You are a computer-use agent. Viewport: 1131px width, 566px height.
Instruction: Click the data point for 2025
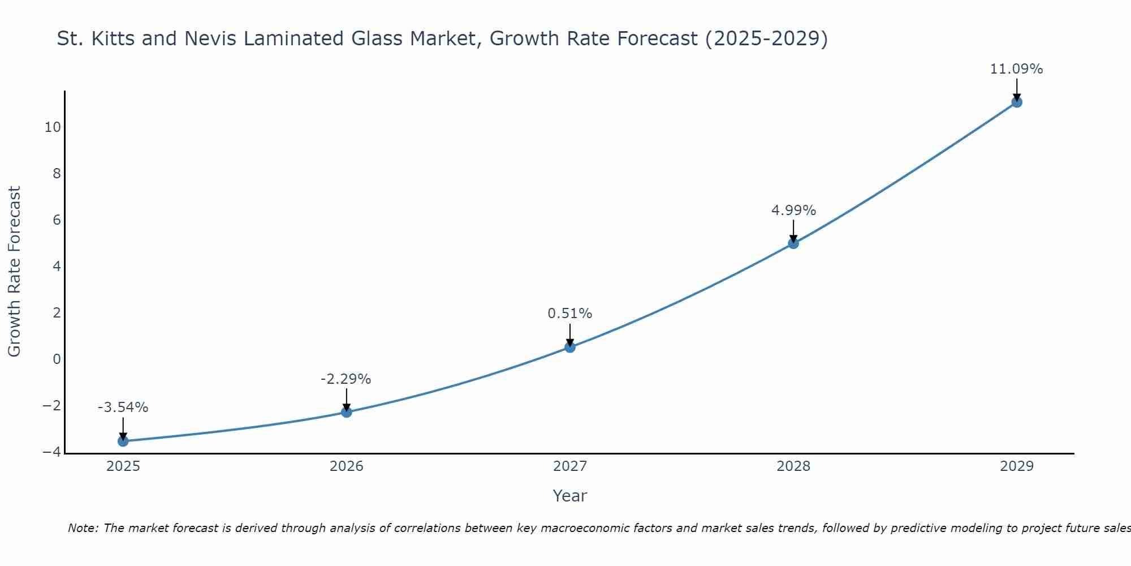tap(123, 441)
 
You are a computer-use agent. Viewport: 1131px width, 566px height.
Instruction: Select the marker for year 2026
tap(346, 412)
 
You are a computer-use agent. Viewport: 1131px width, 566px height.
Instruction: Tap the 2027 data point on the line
tap(569, 347)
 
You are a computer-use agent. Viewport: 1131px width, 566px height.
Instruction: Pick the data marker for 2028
tap(793, 243)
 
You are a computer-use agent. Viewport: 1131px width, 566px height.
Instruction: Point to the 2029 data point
tap(1016, 102)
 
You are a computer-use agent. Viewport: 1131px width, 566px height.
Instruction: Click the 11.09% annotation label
tap(1016, 69)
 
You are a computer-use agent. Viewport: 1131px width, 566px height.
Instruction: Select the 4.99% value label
tap(793, 211)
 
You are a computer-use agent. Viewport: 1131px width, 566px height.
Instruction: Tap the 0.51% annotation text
tap(569, 314)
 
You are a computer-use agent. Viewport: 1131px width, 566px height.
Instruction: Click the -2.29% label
tap(346, 379)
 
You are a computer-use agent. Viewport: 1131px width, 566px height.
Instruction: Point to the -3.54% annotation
tap(123, 408)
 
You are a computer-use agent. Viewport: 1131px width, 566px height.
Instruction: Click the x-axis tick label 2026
tap(346, 466)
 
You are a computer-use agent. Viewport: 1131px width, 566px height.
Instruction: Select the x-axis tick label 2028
tap(793, 466)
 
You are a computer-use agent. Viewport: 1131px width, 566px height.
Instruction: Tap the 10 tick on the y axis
tap(53, 127)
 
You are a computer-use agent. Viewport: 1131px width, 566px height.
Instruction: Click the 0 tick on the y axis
tap(57, 359)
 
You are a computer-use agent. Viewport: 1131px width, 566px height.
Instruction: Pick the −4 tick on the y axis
tap(52, 452)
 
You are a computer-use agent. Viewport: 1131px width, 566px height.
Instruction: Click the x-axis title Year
tap(569, 496)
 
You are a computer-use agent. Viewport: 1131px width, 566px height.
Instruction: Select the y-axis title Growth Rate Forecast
tap(14, 272)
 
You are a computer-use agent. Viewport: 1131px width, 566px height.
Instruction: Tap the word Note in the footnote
tap(82, 528)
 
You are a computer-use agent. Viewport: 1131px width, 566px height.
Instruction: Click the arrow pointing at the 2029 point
tap(1016, 89)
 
